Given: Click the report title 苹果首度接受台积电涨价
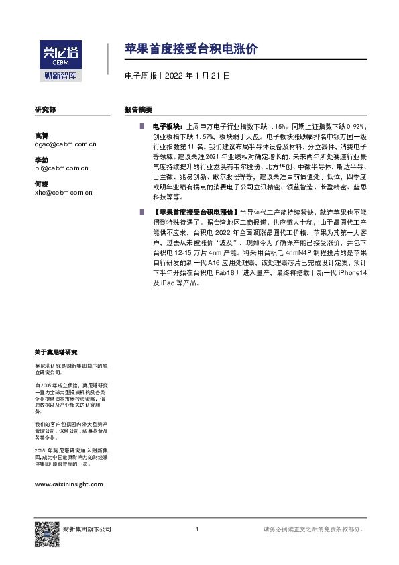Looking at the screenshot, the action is pyautogui.click(x=190, y=49).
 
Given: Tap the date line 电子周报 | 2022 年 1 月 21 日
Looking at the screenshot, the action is pyautogui.click(x=178, y=76).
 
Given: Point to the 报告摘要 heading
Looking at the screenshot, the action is pyautogui.click(x=139, y=109).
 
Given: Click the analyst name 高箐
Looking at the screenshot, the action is pyautogui.click(x=42, y=136).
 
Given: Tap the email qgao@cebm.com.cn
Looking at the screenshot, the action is pyautogui.click(x=66, y=144).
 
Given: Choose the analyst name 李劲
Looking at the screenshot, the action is pyautogui.click(x=42, y=160).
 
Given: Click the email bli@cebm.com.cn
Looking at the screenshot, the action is pyautogui.click(x=63, y=168).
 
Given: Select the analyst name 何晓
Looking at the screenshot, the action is pyautogui.click(x=42, y=185).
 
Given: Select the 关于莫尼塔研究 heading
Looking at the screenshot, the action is pyautogui.click(x=56, y=352).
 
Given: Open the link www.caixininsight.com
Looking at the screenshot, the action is pyautogui.click(x=68, y=484).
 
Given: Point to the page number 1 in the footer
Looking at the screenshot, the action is pyautogui.click(x=196, y=530).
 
